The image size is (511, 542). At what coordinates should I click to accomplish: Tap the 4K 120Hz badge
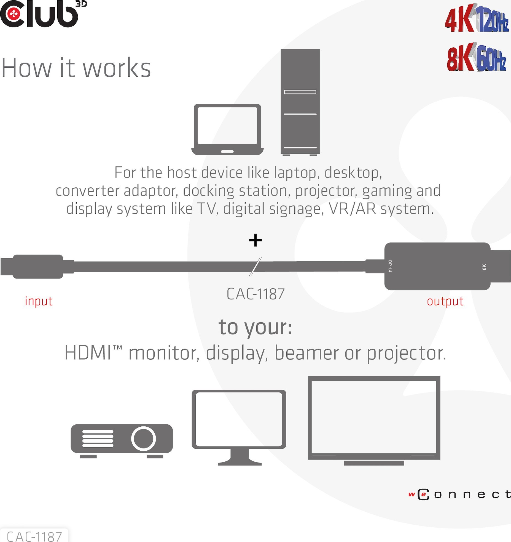477,18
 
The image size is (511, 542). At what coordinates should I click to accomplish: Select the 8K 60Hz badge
477,57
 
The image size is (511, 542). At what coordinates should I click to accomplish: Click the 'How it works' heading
76,68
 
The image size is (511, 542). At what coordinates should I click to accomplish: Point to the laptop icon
227,129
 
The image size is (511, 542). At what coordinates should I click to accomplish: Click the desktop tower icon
300,102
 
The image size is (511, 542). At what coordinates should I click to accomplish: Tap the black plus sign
255,240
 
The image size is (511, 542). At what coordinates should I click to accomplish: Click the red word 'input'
39,301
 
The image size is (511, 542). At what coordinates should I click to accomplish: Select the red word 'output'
445,301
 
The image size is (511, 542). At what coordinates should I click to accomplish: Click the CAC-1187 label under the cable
256,294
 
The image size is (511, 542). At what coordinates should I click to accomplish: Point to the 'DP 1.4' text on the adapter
390,266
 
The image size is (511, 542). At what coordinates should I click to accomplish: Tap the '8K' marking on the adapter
484,267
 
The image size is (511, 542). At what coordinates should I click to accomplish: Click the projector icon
122,441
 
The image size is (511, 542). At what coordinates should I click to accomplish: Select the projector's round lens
143,439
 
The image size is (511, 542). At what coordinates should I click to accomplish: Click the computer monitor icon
239,427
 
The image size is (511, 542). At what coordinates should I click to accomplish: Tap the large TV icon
374,421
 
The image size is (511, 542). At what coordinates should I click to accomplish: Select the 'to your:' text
255,327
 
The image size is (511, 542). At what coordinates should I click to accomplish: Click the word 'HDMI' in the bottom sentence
88,353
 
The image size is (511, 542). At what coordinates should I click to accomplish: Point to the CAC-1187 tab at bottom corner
34,536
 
